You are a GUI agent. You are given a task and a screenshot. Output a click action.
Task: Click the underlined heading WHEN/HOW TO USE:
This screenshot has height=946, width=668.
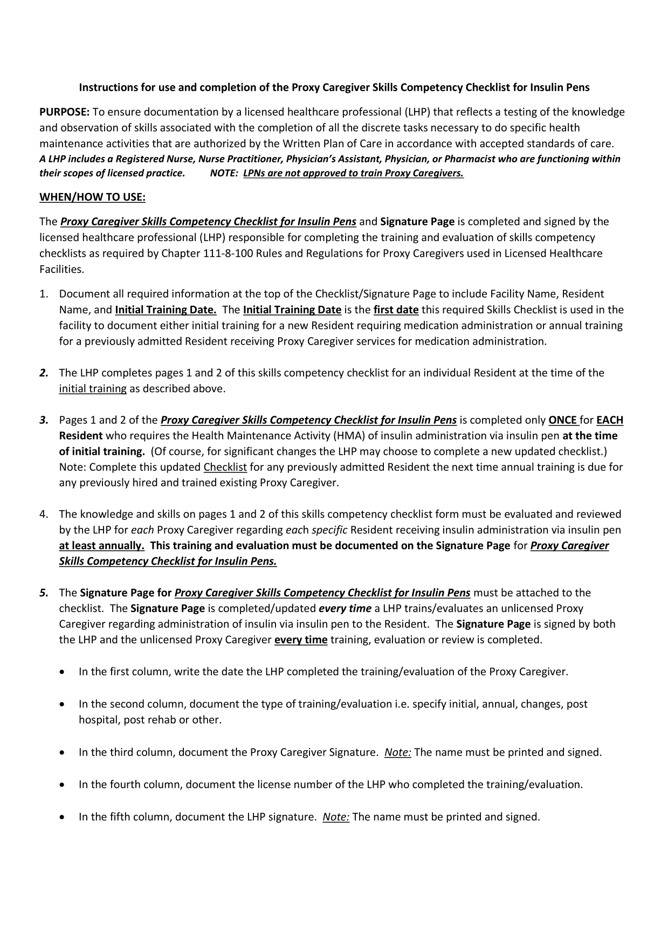(x=92, y=197)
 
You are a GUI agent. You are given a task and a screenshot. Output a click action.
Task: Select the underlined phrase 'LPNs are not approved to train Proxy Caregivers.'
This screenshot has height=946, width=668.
(x=353, y=174)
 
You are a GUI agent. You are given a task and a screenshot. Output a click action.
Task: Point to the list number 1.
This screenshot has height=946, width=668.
(x=44, y=294)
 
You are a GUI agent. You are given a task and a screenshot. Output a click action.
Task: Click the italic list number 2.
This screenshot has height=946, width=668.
(x=44, y=373)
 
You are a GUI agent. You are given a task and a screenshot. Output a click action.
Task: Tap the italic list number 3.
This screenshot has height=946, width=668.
(x=44, y=420)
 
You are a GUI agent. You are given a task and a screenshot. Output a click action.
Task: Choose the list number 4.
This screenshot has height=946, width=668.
(x=44, y=514)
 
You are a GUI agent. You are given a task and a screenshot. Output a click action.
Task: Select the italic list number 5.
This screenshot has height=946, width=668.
(x=44, y=593)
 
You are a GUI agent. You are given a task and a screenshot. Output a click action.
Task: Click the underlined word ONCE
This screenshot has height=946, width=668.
(x=563, y=420)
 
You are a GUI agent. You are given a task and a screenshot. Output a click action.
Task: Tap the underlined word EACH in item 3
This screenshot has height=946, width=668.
(x=610, y=420)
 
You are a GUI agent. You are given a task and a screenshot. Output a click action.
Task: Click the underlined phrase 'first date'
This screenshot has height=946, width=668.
(x=396, y=310)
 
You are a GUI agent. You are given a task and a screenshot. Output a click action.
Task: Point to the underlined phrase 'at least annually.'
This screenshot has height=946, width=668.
(x=101, y=545)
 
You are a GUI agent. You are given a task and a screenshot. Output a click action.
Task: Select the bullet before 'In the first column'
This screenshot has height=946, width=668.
(x=65, y=673)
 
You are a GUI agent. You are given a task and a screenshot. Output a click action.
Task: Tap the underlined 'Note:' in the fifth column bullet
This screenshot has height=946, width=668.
(x=336, y=817)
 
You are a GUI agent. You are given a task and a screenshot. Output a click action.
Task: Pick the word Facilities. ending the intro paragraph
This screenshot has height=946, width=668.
(x=61, y=269)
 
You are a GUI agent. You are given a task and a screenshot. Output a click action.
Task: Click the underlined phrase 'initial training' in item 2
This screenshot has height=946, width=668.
(x=93, y=388)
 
